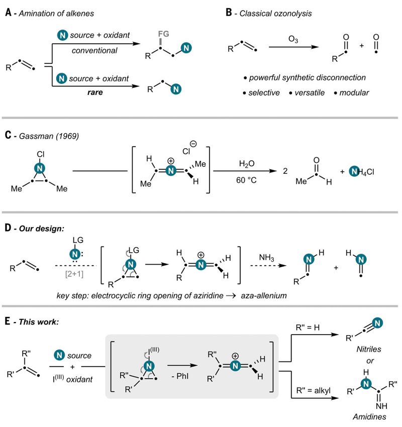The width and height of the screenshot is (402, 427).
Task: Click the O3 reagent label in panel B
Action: click(x=293, y=40)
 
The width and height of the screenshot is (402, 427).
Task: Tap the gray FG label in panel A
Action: click(x=163, y=34)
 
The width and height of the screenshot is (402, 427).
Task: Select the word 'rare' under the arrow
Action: click(x=95, y=92)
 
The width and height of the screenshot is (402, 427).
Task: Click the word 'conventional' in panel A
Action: click(x=94, y=50)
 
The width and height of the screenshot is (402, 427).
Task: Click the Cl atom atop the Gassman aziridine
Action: click(x=41, y=154)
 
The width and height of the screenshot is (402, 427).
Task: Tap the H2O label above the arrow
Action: click(x=247, y=164)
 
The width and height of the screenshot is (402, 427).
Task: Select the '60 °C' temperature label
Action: click(x=246, y=180)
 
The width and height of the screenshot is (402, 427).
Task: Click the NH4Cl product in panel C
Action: click(x=362, y=172)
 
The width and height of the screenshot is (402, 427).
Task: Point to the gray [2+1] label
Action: click(x=74, y=273)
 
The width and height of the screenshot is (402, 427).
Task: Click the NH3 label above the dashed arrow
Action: click(x=267, y=258)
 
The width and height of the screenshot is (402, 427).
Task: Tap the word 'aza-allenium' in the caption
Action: click(x=264, y=296)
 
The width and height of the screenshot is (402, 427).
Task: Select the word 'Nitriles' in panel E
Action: click(x=369, y=349)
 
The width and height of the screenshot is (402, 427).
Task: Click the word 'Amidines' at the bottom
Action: click(x=369, y=416)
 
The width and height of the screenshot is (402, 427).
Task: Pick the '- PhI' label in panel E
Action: click(x=180, y=376)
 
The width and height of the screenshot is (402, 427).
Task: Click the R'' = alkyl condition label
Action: click(x=314, y=390)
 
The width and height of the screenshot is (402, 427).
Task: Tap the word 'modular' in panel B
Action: click(x=354, y=93)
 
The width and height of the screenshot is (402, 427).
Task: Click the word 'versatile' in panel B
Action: click(x=310, y=93)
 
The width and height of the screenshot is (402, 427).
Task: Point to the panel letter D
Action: click(x=8, y=228)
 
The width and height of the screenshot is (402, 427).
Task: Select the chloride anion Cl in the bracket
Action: click(x=186, y=151)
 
